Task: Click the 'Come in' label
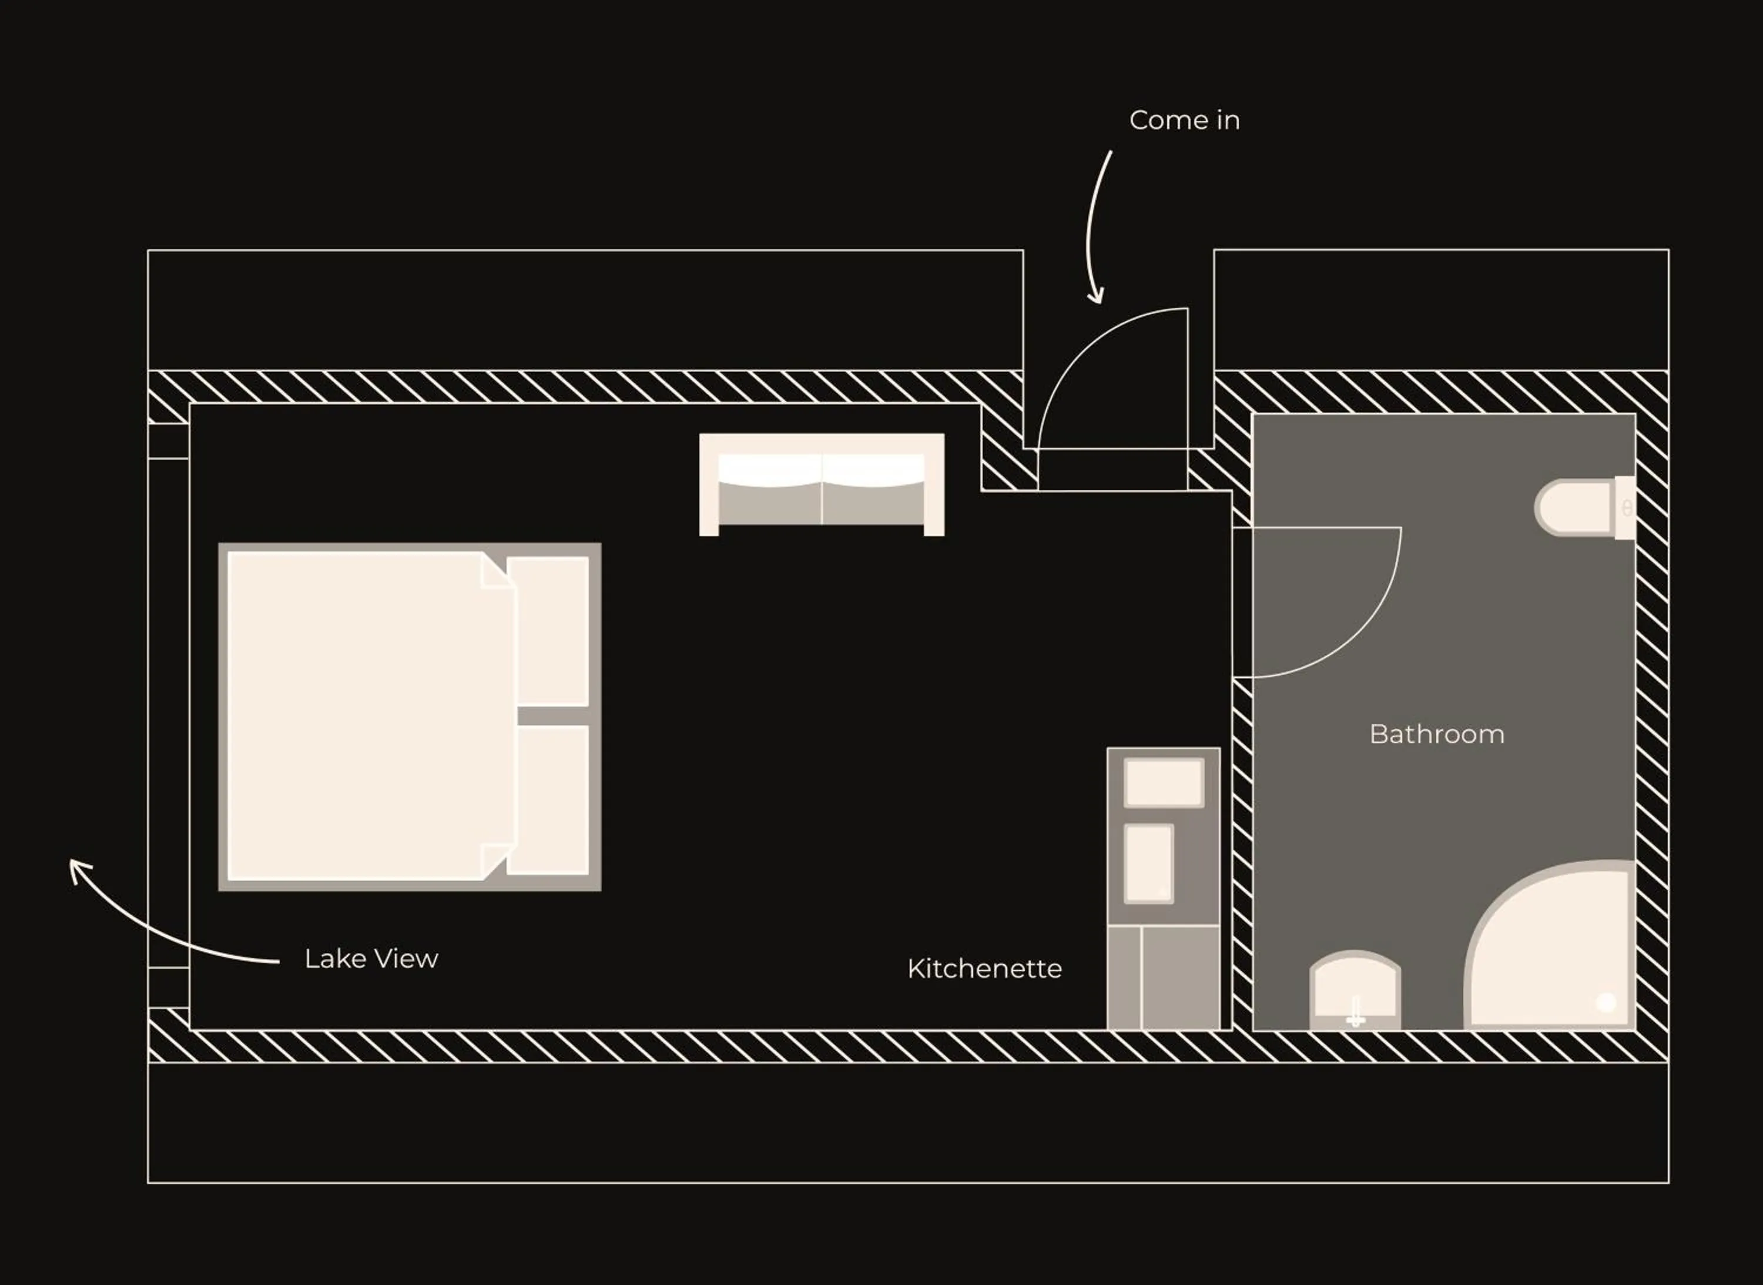click(1184, 121)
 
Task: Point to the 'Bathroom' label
click(1436, 734)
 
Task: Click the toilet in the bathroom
click(1578, 507)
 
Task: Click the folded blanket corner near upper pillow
click(495, 572)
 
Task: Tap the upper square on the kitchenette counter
click(1164, 782)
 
